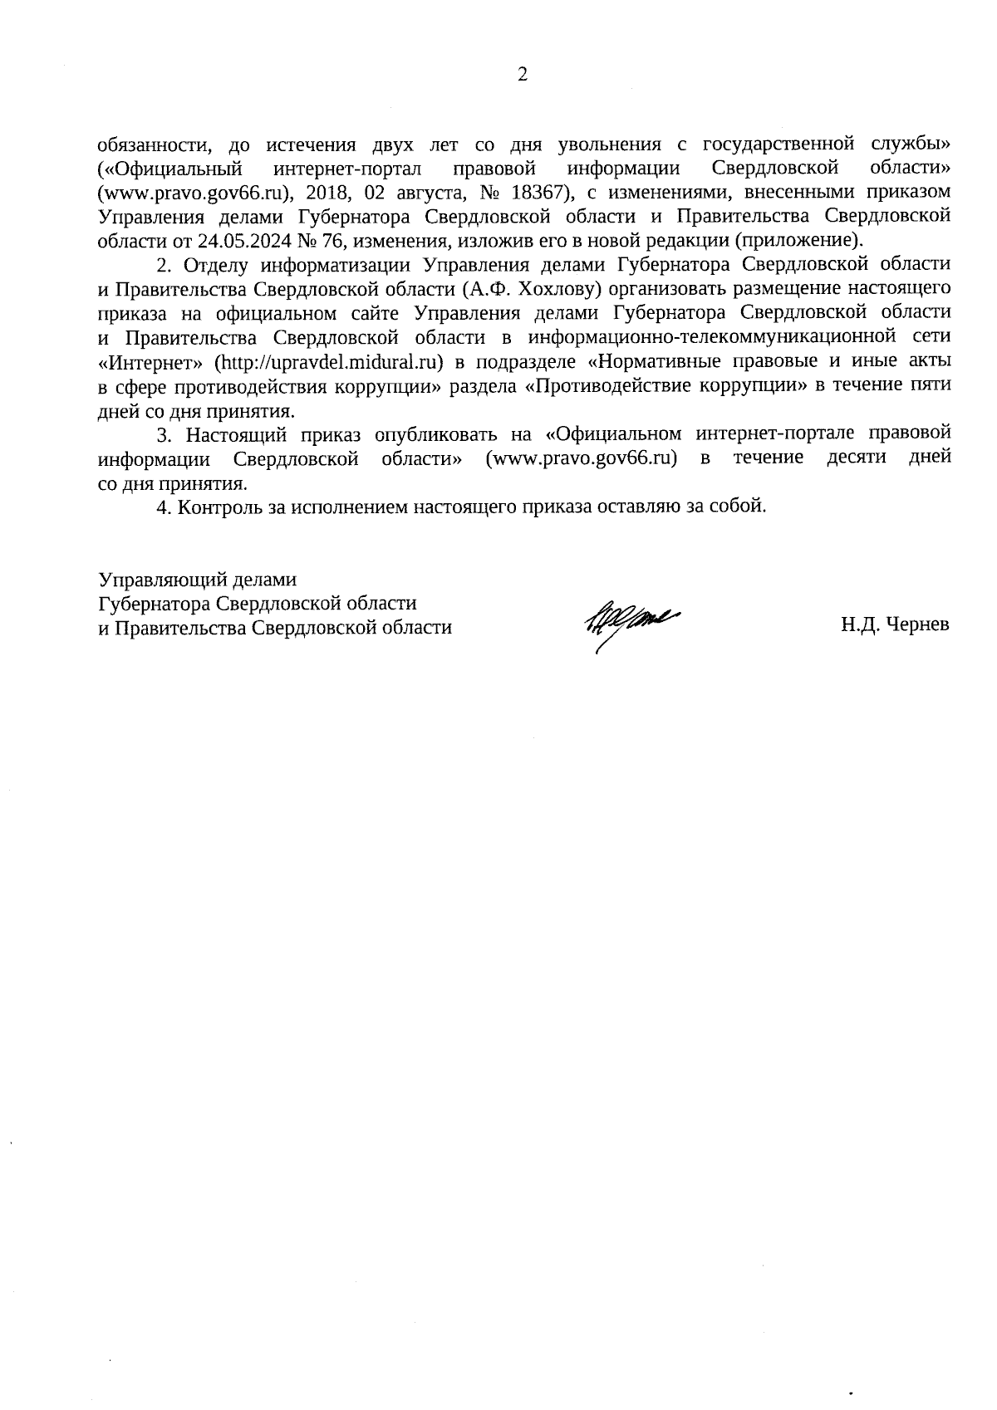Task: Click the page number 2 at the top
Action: point(522,75)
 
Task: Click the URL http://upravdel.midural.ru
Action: point(327,362)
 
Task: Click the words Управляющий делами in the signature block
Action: point(197,578)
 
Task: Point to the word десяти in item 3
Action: point(857,458)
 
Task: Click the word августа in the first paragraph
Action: point(419,193)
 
